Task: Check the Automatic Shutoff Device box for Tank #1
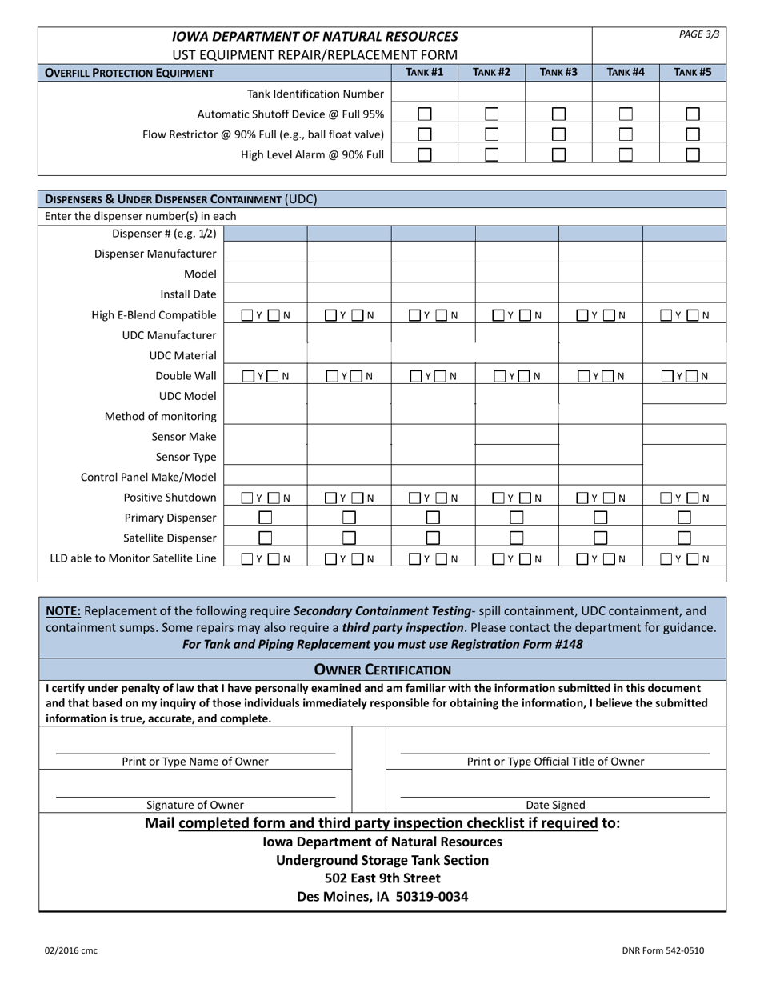coord(425,114)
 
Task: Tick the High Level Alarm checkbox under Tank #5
coord(693,154)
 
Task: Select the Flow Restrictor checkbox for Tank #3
coord(559,134)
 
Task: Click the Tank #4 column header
coord(625,73)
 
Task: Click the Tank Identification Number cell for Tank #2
coord(491,94)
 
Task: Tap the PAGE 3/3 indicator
coord(699,34)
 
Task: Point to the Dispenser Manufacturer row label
coord(155,254)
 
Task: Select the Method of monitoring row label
coord(161,416)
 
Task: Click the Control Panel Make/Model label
coord(149,478)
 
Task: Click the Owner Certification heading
coord(382,670)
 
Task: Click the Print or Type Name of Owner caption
coord(195,762)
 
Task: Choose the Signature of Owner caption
coord(195,805)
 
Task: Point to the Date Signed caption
coord(555,805)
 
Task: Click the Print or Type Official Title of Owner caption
coord(555,762)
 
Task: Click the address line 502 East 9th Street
coord(382,878)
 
